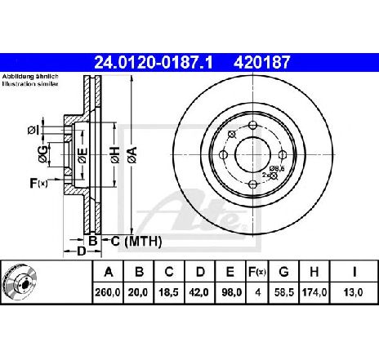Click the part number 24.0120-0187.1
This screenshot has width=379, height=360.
[153, 62]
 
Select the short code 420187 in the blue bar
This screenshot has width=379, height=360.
[262, 62]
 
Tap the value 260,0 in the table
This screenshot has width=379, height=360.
[108, 292]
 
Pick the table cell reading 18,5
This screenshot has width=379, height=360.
[169, 292]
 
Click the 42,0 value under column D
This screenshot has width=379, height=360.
[199, 292]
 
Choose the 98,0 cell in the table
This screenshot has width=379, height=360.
[230, 292]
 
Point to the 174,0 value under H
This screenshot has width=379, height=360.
[314, 292]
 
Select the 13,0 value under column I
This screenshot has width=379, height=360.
[353, 292]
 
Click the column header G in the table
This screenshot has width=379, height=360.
[283, 272]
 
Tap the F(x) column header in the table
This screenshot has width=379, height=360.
[257, 272]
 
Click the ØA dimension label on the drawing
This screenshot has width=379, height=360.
[132, 155]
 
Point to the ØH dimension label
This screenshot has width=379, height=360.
[115, 155]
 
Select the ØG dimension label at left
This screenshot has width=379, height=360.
[43, 153]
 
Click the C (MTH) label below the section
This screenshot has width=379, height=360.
[136, 241]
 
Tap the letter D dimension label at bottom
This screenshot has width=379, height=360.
[82, 251]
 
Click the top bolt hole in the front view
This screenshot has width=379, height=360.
[253, 126]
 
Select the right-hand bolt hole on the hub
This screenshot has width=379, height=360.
[283, 155]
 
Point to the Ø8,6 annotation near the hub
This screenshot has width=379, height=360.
[277, 168]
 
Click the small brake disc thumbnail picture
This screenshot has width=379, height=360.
[20, 282]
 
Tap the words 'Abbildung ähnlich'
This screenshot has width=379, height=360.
[30, 77]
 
